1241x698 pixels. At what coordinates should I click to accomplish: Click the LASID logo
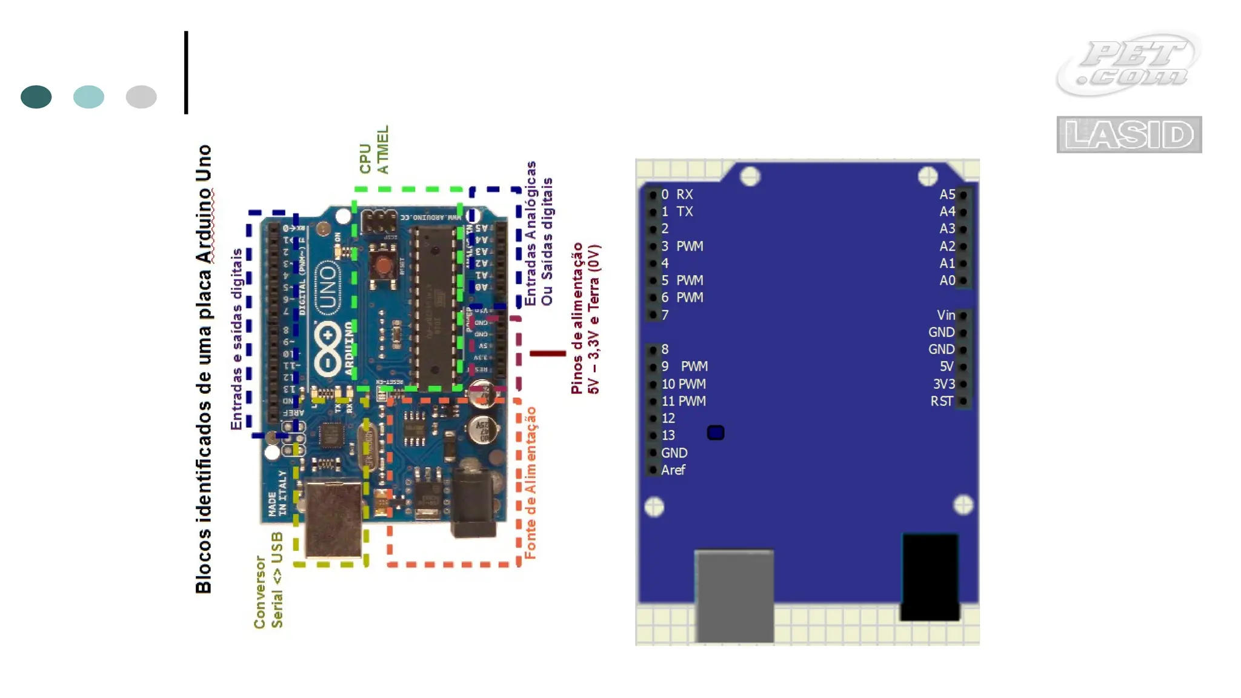click(x=1129, y=135)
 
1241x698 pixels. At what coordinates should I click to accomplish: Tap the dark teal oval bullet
click(x=36, y=97)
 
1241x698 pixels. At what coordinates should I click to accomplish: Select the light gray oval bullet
click(x=141, y=97)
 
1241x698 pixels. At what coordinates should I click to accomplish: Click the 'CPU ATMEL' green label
click(x=374, y=151)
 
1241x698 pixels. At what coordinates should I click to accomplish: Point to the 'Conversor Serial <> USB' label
click(x=268, y=580)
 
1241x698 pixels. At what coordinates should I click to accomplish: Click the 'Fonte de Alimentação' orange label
click(x=530, y=483)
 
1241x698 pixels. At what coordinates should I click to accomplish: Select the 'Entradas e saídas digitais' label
click(x=236, y=339)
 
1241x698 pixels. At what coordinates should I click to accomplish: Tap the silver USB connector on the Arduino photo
click(x=333, y=518)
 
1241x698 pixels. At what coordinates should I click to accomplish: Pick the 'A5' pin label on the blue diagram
click(x=947, y=194)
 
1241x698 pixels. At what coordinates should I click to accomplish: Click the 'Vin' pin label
click(x=945, y=315)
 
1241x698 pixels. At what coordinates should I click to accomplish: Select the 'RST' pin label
click(x=942, y=401)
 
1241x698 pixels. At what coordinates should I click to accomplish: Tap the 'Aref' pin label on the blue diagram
click(x=673, y=470)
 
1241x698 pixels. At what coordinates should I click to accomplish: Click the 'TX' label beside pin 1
click(x=685, y=211)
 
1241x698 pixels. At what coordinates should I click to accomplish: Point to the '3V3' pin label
click(x=943, y=384)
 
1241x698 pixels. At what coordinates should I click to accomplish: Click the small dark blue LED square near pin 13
click(x=716, y=433)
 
